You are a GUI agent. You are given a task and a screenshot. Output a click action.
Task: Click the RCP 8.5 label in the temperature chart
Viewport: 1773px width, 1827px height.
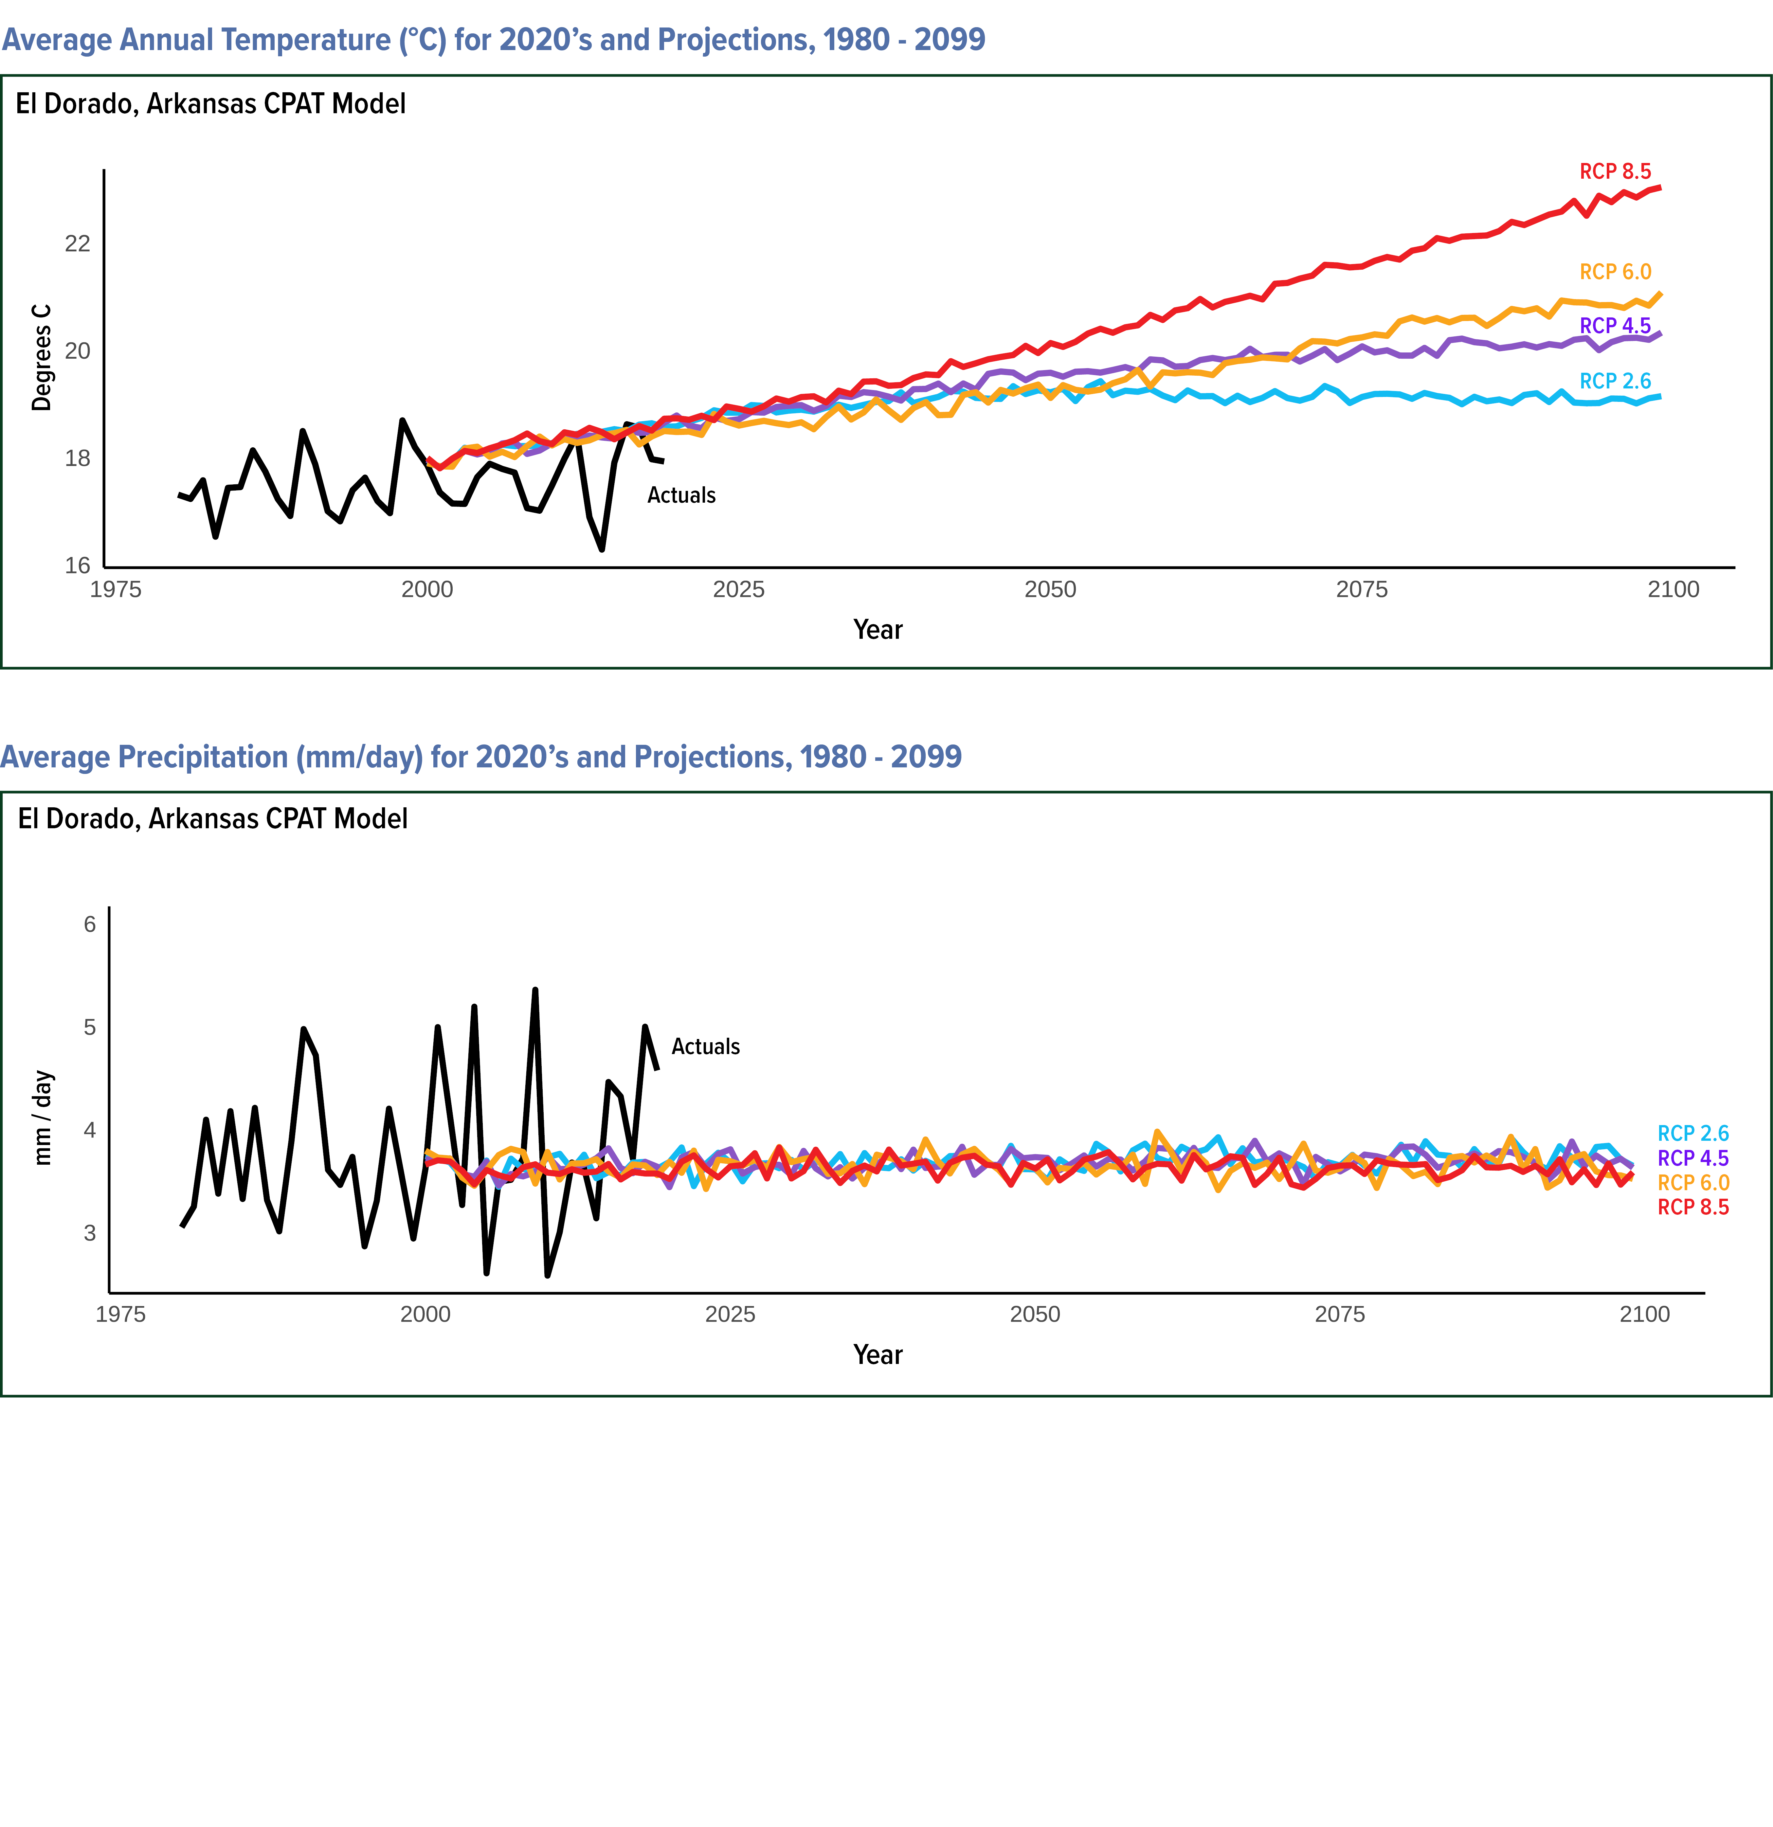coord(1615,171)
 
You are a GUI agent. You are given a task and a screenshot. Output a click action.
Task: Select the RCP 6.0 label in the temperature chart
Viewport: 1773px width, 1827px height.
coord(1615,272)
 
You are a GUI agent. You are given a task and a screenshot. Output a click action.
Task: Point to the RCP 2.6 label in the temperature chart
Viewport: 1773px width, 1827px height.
coord(1615,381)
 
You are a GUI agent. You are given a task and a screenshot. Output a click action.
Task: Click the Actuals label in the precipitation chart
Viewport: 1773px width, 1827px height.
coord(706,1047)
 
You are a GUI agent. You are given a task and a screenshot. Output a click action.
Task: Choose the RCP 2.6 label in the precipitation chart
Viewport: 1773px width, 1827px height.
coord(1693,1134)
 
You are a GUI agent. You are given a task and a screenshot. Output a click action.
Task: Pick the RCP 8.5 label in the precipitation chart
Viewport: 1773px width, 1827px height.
coord(1693,1207)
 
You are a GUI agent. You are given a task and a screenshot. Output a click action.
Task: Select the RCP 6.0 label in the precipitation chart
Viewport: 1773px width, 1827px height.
coord(1693,1183)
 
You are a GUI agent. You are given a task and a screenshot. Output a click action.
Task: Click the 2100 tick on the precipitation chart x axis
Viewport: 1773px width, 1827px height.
coord(1644,1314)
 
